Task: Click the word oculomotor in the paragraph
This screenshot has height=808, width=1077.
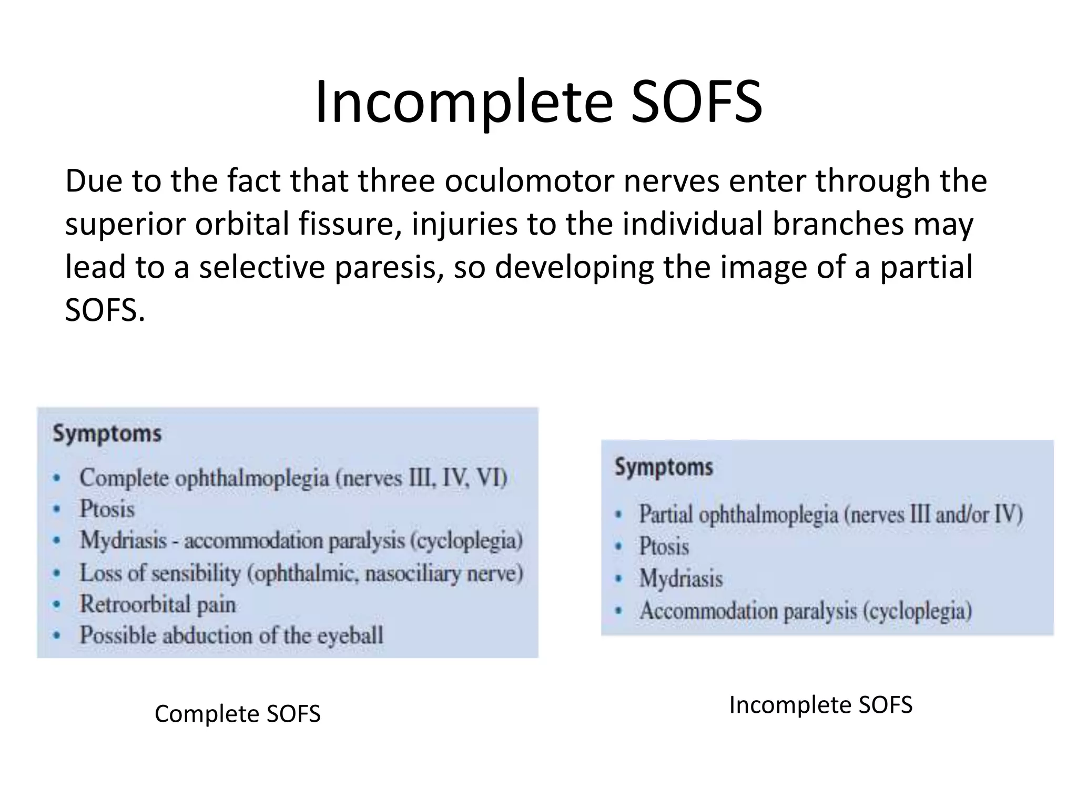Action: point(529,181)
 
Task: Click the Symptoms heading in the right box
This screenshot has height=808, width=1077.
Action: point(664,467)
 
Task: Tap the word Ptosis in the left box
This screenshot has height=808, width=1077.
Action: point(107,509)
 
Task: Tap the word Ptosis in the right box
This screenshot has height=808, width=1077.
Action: point(664,547)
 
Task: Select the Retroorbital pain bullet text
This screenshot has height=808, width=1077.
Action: point(157,604)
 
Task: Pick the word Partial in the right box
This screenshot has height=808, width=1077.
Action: point(665,514)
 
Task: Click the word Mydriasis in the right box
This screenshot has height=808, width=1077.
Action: point(681,579)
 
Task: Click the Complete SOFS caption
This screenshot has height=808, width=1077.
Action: point(237,714)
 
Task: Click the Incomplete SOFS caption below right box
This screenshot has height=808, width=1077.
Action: point(820,705)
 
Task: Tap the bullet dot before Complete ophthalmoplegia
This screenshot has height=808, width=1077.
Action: point(57,478)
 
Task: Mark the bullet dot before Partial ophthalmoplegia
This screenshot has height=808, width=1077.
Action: point(619,515)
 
